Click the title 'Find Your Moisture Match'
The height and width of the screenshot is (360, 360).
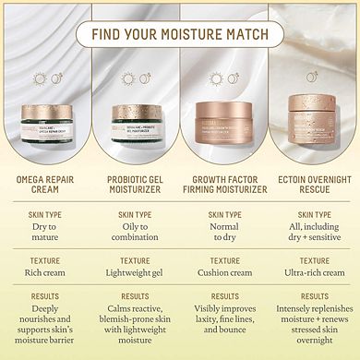click(x=180, y=34)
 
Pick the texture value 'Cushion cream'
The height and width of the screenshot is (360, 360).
click(x=225, y=274)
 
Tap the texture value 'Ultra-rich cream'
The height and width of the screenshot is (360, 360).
click(x=314, y=274)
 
